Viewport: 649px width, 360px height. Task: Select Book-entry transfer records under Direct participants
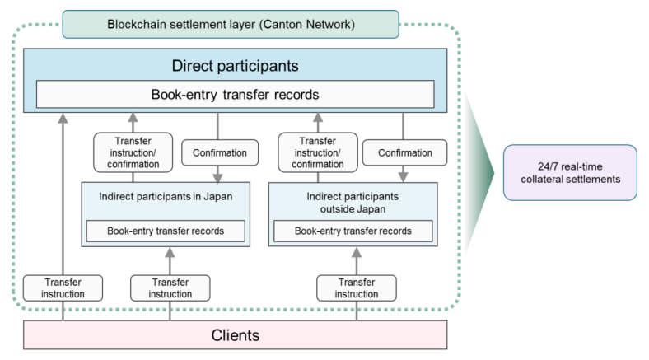coord(235,95)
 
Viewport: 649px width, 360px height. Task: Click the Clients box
coord(235,334)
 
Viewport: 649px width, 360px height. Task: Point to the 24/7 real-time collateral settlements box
coord(570,171)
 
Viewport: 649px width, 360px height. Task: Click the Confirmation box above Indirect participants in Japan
coord(217,152)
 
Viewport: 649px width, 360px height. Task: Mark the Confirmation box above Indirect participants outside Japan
coord(404,152)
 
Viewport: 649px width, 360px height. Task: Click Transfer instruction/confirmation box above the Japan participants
coord(133,152)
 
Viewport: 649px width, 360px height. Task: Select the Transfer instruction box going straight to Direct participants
coord(63,288)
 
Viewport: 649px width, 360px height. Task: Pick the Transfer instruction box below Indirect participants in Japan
coord(170,288)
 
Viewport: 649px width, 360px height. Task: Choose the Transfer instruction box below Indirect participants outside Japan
coord(356,288)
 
